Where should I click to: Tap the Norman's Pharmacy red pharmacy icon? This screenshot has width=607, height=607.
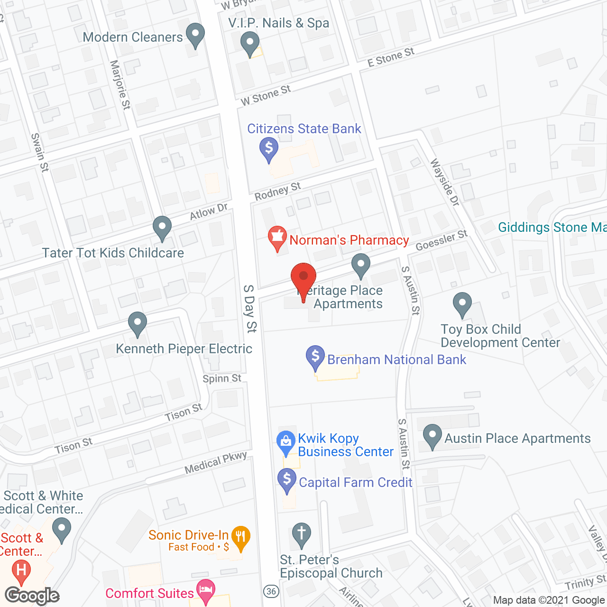pyautogui.click(x=277, y=238)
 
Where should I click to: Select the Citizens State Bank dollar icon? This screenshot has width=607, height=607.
pyautogui.click(x=269, y=148)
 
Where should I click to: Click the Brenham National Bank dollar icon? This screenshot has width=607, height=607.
pyautogui.click(x=315, y=357)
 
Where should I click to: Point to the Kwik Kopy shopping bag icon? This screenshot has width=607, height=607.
pyautogui.click(x=286, y=442)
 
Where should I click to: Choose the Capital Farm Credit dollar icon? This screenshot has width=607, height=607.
pyautogui.click(x=287, y=480)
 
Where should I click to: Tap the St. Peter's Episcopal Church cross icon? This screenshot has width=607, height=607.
pyautogui.click(x=301, y=534)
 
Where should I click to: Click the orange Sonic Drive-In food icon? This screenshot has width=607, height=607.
pyautogui.click(x=241, y=537)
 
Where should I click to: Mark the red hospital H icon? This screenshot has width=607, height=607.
pyautogui.click(x=21, y=570)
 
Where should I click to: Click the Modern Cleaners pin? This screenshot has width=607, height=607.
pyautogui.click(x=195, y=34)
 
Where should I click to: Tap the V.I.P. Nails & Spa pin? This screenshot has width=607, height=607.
pyautogui.click(x=250, y=43)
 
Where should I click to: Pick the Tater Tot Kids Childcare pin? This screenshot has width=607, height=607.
pyautogui.click(x=162, y=227)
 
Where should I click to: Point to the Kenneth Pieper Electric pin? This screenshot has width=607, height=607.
pyautogui.click(x=137, y=323)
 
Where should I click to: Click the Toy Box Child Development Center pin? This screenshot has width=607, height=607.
pyautogui.click(x=462, y=303)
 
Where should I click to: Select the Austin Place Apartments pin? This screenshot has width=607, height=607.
pyautogui.click(x=432, y=435)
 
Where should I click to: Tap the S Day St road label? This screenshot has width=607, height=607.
pyautogui.click(x=250, y=308)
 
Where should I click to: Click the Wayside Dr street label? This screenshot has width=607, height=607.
pyautogui.click(x=445, y=182)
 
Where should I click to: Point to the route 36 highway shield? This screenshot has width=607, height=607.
pyautogui.click(x=271, y=591)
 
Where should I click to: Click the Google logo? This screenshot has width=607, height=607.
pyautogui.click(x=32, y=596)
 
